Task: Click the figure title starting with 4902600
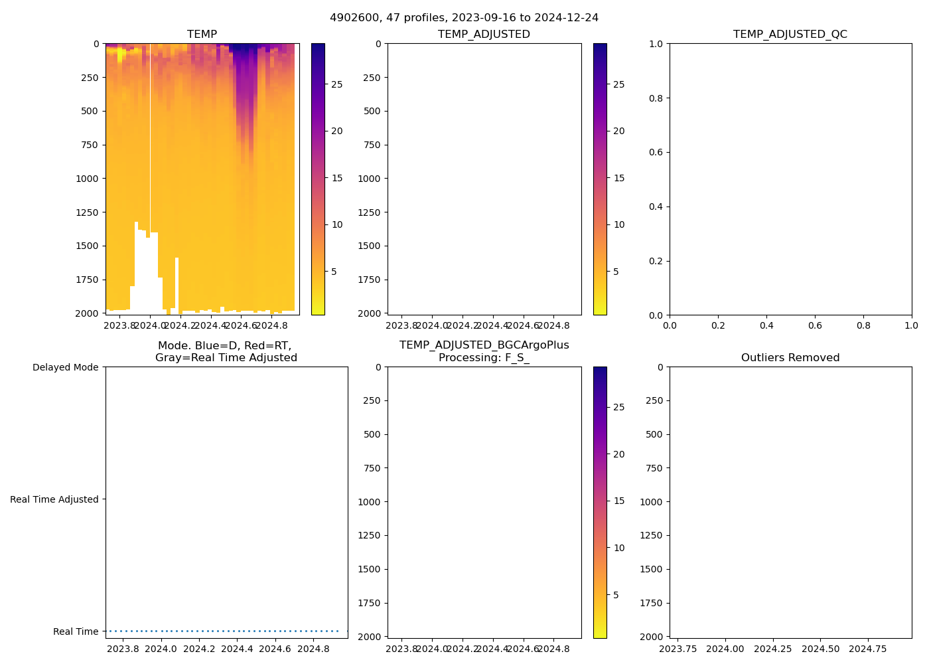point(464,18)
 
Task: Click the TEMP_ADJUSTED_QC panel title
point(790,35)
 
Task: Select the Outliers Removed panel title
point(790,358)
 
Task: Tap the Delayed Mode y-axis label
point(65,367)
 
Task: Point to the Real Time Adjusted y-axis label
point(54,499)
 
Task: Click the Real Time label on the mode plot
point(76,631)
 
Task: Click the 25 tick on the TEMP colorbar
point(337,84)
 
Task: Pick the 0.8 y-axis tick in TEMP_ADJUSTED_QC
point(656,98)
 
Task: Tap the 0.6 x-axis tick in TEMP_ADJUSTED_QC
point(815,325)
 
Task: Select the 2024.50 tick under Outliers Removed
point(821,649)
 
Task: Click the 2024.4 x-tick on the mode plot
point(237,649)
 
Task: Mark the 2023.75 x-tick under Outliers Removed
point(678,649)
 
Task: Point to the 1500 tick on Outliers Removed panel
point(651,569)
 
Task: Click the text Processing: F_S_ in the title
point(484,358)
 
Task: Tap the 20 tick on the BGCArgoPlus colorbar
point(618,454)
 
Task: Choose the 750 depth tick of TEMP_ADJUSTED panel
point(372,145)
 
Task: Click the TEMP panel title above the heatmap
point(202,35)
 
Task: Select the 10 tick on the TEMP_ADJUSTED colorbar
point(619,224)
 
